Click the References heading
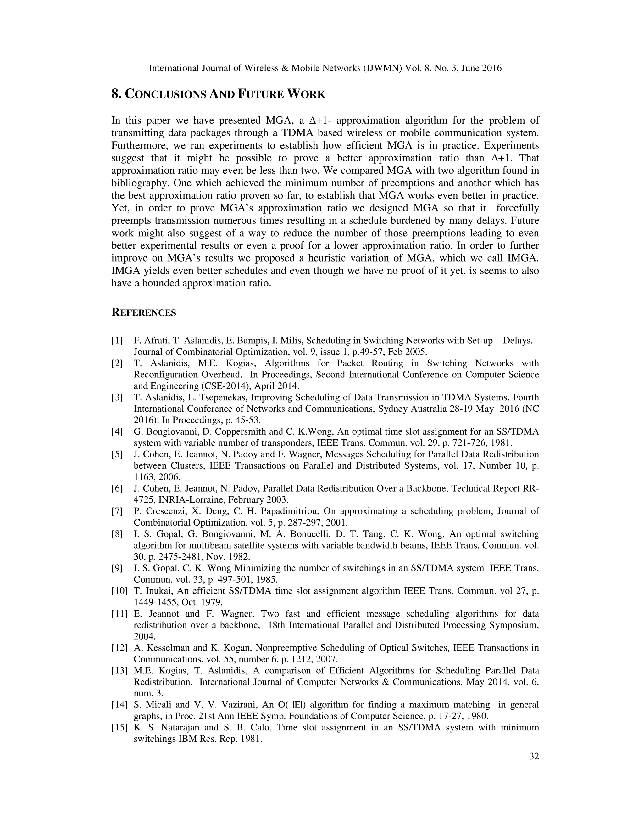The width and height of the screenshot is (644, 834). pyautogui.click(x=143, y=313)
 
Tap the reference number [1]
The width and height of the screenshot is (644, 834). pyautogui.click(x=117, y=341)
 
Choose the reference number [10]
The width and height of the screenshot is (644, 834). pyautogui.click(x=119, y=591)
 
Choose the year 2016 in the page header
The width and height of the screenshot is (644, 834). pyautogui.click(x=492, y=68)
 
